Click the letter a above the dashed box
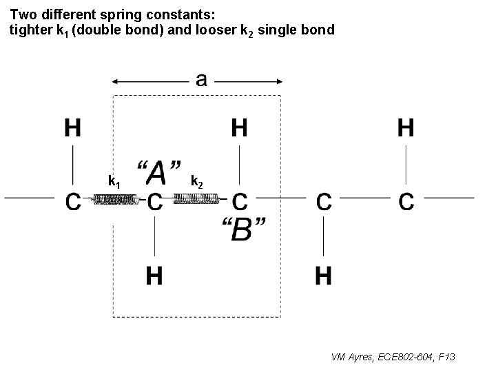[x=200, y=80]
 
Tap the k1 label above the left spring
[x=115, y=182]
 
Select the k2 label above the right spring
[x=196, y=182]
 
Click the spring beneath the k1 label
[x=115, y=200]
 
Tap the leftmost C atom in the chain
[x=73, y=202]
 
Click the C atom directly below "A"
[x=155, y=202]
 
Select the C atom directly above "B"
[x=239, y=202]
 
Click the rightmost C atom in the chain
[x=406, y=202]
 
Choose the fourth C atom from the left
[x=323, y=202]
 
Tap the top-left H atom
[x=73, y=128]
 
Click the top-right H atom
[x=406, y=128]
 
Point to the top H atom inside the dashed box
[x=239, y=128]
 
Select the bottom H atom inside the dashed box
[x=155, y=276]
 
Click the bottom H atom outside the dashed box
[x=323, y=276]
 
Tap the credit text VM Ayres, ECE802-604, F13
[x=393, y=357]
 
